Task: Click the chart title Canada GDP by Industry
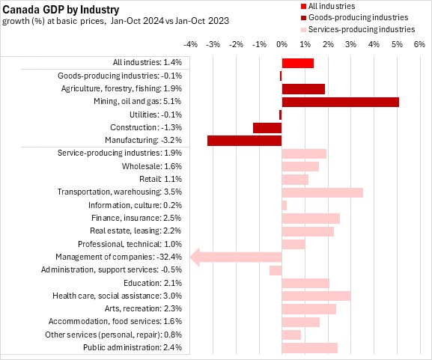point(61,10)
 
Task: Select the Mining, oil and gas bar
point(341,102)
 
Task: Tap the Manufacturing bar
point(245,141)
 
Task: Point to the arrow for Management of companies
point(236,257)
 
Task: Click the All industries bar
point(298,63)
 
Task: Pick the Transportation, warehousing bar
point(323,192)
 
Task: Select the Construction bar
point(267,128)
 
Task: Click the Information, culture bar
point(285,206)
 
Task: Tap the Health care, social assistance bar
point(316,296)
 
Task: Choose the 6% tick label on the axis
point(419,44)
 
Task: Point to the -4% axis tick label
point(190,44)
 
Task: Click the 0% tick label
point(282,44)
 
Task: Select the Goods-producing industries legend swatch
point(304,18)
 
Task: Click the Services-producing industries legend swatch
point(304,30)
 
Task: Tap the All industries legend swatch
point(304,6)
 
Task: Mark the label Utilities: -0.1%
point(156,115)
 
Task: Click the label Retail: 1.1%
point(161,179)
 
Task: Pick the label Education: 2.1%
point(153,283)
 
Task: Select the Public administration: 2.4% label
point(133,347)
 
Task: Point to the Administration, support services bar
point(276,270)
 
